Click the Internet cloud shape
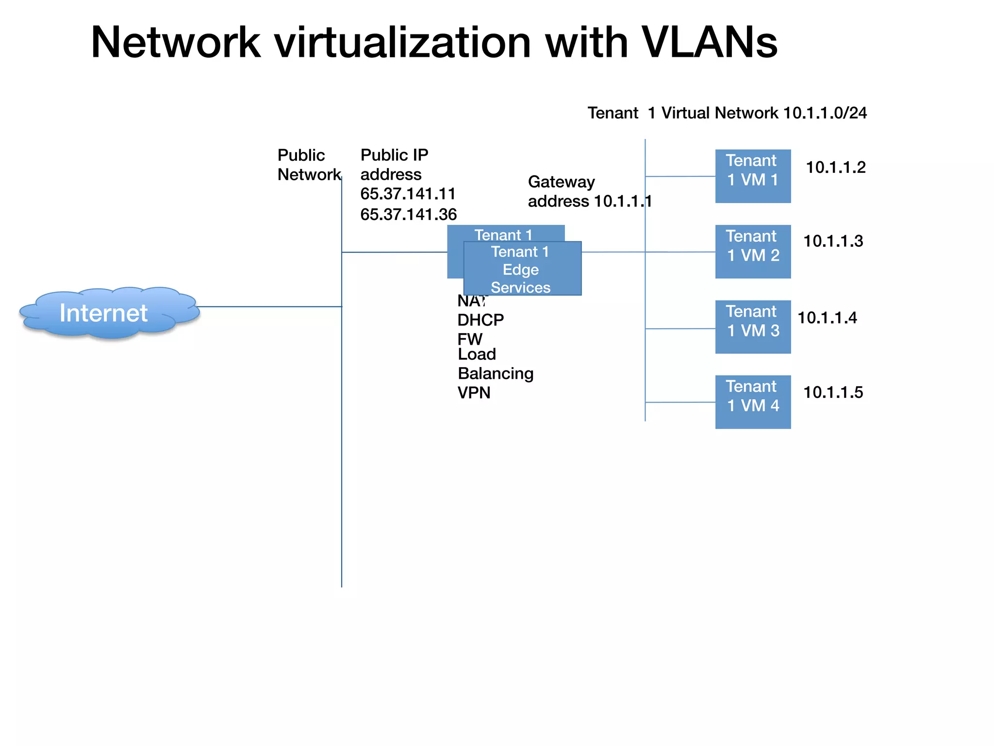(x=104, y=313)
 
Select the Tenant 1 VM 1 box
(x=753, y=176)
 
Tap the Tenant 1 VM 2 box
(x=753, y=251)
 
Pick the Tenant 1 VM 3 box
(x=753, y=326)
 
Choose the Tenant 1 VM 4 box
(x=753, y=402)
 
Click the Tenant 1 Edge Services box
(x=522, y=269)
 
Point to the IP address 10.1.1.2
(x=835, y=168)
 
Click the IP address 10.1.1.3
(x=833, y=241)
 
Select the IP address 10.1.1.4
(x=827, y=318)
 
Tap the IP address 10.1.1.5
(x=833, y=392)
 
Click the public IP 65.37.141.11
(x=408, y=194)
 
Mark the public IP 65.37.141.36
(x=408, y=215)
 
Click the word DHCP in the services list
(x=480, y=320)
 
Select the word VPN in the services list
(x=474, y=392)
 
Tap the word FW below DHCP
(x=469, y=339)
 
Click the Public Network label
(x=308, y=165)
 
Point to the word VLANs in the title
(x=709, y=43)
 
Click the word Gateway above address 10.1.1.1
(x=561, y=182)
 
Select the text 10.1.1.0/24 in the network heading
(x=825, y=113)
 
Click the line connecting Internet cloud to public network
(x=269, y=306)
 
